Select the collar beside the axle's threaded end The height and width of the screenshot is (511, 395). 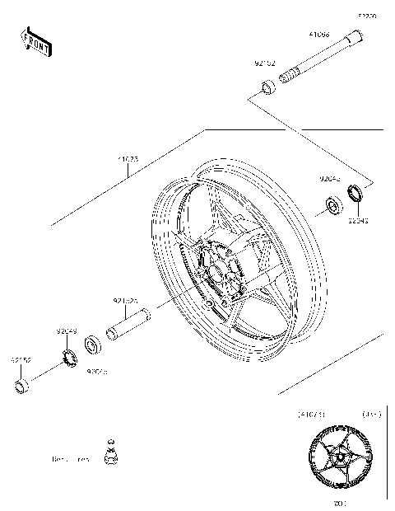click(269, 87)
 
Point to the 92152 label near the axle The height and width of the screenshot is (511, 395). click(265, 63)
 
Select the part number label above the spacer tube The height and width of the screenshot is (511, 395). click(124, 302)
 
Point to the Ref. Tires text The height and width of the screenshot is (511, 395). click(70, 458)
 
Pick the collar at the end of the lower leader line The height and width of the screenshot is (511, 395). click(23, 386)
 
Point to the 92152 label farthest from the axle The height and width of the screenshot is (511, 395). click(21, 360)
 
